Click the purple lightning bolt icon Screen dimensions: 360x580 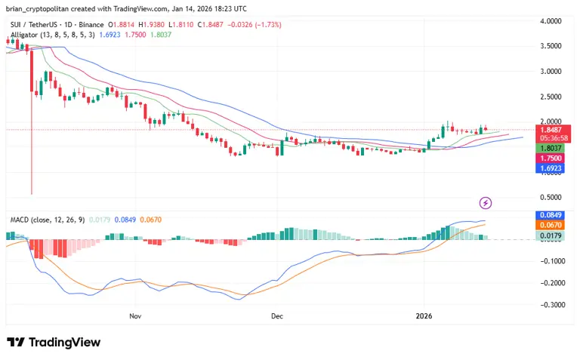tap(486, 202)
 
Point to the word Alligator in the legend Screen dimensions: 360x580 tap(26, 34)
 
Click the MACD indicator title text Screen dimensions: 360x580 tap(20, 220)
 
